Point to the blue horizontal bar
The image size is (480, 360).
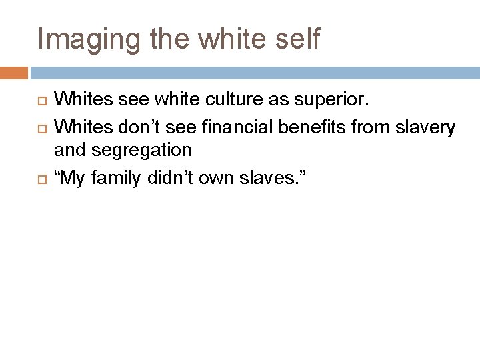pos(254,71)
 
